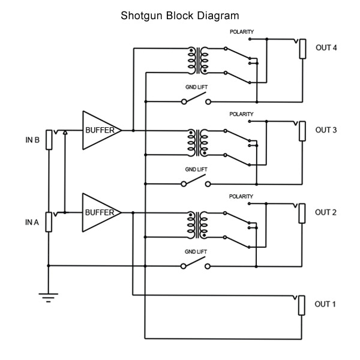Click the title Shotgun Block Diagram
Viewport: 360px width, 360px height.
[180, 15]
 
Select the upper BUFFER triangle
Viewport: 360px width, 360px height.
[100, 130]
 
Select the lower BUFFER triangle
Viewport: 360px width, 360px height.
[100, 212]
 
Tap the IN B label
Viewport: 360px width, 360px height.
[32, 140]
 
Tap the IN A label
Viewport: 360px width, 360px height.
[32, 222]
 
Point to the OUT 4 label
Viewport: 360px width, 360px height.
[326, 47]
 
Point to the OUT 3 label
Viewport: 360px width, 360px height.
[326, 130]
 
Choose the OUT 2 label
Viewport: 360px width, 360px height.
[326, 212]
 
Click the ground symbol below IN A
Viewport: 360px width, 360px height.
[49, 295]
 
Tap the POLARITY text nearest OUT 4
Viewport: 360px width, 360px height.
[241, 31]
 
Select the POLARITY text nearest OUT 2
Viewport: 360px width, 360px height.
[241, 196]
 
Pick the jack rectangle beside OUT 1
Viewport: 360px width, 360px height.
[302, 305]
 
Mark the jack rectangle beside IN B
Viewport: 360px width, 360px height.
[49, 140]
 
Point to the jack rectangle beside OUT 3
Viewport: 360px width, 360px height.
[302, 131]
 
